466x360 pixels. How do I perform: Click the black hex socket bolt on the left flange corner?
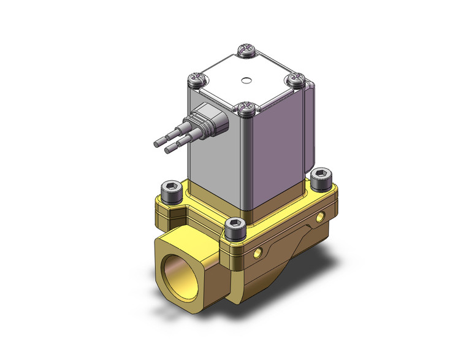[x=170, y=188]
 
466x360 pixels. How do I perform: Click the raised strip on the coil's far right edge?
[x=311, y=132]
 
